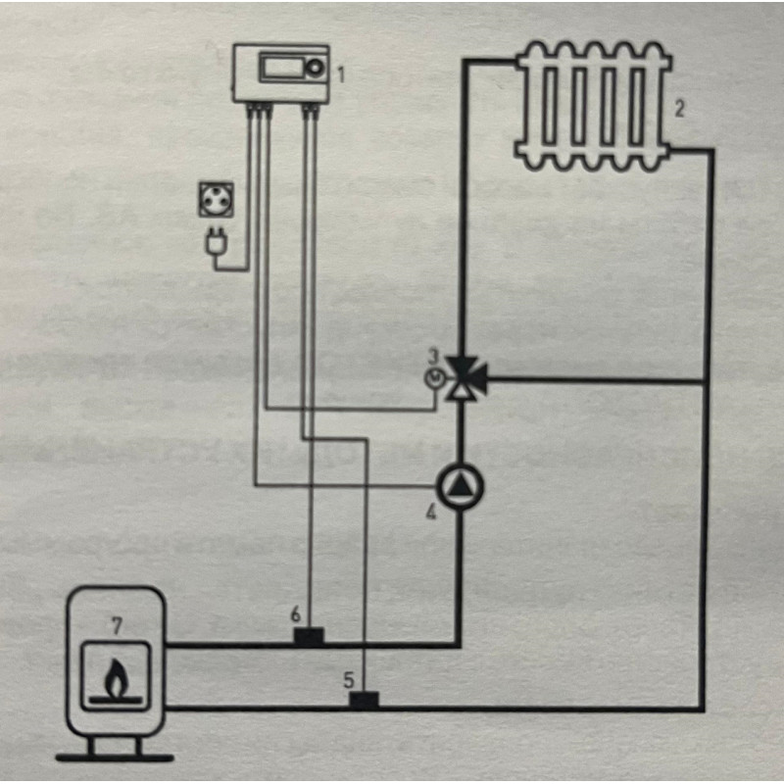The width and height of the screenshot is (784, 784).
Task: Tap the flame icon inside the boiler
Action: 116,676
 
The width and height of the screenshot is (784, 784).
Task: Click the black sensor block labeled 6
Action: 309,638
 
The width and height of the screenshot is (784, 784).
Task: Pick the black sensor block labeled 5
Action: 365,700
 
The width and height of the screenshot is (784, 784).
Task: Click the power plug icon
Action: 214,241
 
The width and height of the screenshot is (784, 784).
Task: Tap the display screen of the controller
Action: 283,70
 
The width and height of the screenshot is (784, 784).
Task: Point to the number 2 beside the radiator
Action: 678,108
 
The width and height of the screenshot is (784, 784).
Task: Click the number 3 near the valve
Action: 432,356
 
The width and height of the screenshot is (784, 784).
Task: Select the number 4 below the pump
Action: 431,511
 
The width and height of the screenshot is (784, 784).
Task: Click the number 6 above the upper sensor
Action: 294,614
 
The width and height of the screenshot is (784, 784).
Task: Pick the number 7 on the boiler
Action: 116,623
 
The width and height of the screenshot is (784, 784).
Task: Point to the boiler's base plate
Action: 115,757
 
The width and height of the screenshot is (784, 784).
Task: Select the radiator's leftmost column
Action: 538,105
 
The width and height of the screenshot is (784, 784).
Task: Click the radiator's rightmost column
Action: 647,105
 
